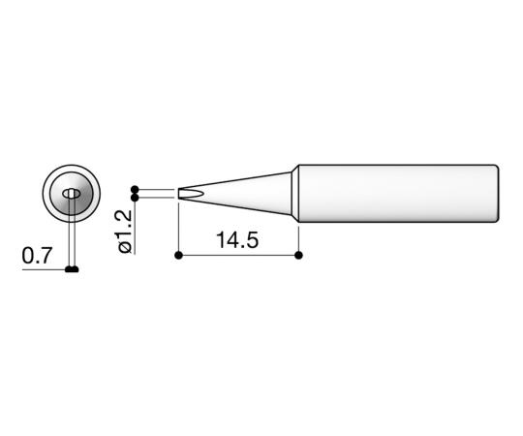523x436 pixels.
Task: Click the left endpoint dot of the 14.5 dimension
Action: (179, 256)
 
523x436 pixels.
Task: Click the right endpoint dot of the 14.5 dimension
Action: (297, 256)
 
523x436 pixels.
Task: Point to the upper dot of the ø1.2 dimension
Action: (135, 189)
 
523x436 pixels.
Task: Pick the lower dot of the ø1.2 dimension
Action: (135, 199)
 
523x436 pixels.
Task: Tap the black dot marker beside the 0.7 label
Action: (72, 268)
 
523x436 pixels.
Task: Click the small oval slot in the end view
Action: (71, 195)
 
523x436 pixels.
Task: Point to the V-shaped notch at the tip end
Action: (190, 195)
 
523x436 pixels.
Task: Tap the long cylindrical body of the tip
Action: (397, 193)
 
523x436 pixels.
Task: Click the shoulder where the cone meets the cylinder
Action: (295, 193)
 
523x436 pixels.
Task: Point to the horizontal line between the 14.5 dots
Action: (238, 256)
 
